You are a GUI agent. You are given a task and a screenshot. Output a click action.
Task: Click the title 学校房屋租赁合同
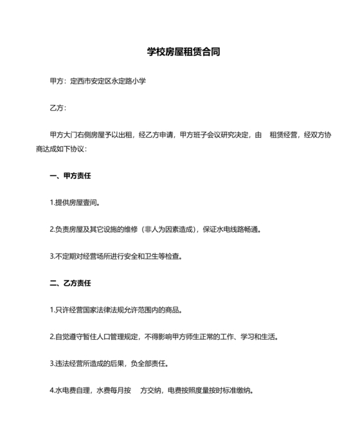[x=179, y=52]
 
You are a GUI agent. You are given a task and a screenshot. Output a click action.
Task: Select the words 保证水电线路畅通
[x=231, y=229]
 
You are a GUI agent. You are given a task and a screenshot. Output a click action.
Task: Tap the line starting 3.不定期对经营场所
[x=116, y=256]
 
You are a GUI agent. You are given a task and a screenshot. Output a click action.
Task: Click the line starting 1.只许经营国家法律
[x=116, y=310]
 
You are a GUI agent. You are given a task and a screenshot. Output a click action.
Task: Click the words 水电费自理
[x=74, y=390]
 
